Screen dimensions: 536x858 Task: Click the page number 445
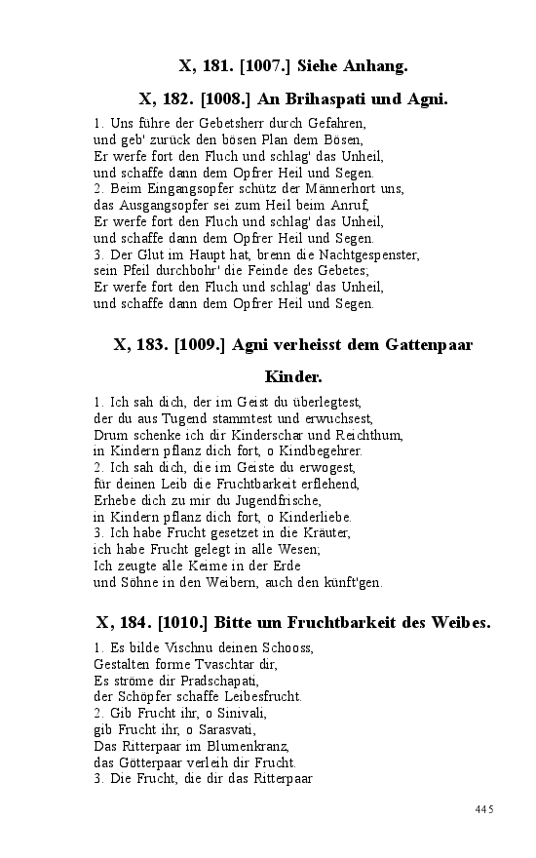(x=485, y=809)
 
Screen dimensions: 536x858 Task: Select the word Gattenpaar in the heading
(x=426, y=344)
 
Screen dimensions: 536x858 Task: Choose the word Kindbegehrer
(x=321, y=450)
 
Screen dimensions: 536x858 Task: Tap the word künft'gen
(x=350, y=583)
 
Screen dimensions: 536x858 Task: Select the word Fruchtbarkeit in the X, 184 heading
(x=329, y=621)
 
